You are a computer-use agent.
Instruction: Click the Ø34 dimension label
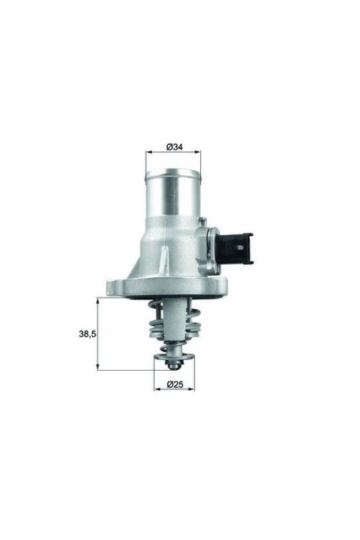[174, 147]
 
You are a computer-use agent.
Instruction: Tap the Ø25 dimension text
[174, 384]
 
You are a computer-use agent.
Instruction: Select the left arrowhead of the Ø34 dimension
[149, 153]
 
